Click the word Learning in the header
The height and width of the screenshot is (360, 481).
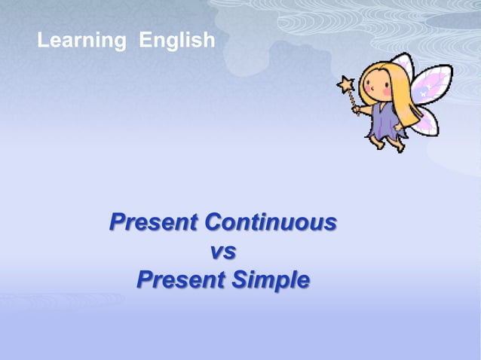click(x=81, y=41)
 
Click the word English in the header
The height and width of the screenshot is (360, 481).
click(x=177, y=41)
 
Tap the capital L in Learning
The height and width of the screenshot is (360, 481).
click(x=43, y=41)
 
